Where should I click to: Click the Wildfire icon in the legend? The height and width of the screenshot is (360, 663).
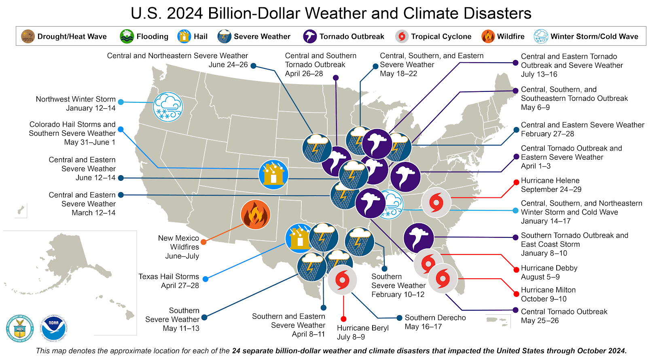[488, 36]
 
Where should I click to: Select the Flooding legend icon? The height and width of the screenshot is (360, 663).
[127, 36]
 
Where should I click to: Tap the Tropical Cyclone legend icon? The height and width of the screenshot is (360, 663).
[402, 36]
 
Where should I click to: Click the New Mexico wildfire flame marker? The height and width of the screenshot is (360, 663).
[255, 214]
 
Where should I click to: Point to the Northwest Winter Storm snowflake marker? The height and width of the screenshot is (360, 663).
[168, 107]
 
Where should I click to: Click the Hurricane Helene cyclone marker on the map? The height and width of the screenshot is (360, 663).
[436, 202]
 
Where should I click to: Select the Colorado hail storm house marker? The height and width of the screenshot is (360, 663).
[273, 175]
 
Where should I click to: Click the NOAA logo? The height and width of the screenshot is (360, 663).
[53, 328]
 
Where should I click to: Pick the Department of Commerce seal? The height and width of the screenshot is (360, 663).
[20, 328]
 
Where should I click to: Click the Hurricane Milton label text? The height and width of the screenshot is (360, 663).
[548, 290]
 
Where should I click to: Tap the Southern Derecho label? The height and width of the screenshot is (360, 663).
[435, 318]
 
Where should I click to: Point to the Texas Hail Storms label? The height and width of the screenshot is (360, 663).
[169, 277]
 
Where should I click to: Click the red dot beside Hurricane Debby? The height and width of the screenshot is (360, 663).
[516, 270]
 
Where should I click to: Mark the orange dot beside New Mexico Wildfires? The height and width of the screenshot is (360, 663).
[203, 242]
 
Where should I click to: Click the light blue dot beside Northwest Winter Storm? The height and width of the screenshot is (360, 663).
[121, 102]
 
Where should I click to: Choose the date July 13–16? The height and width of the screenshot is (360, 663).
[539, 74]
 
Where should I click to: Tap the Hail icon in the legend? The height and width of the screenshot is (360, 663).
[184, 36]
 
